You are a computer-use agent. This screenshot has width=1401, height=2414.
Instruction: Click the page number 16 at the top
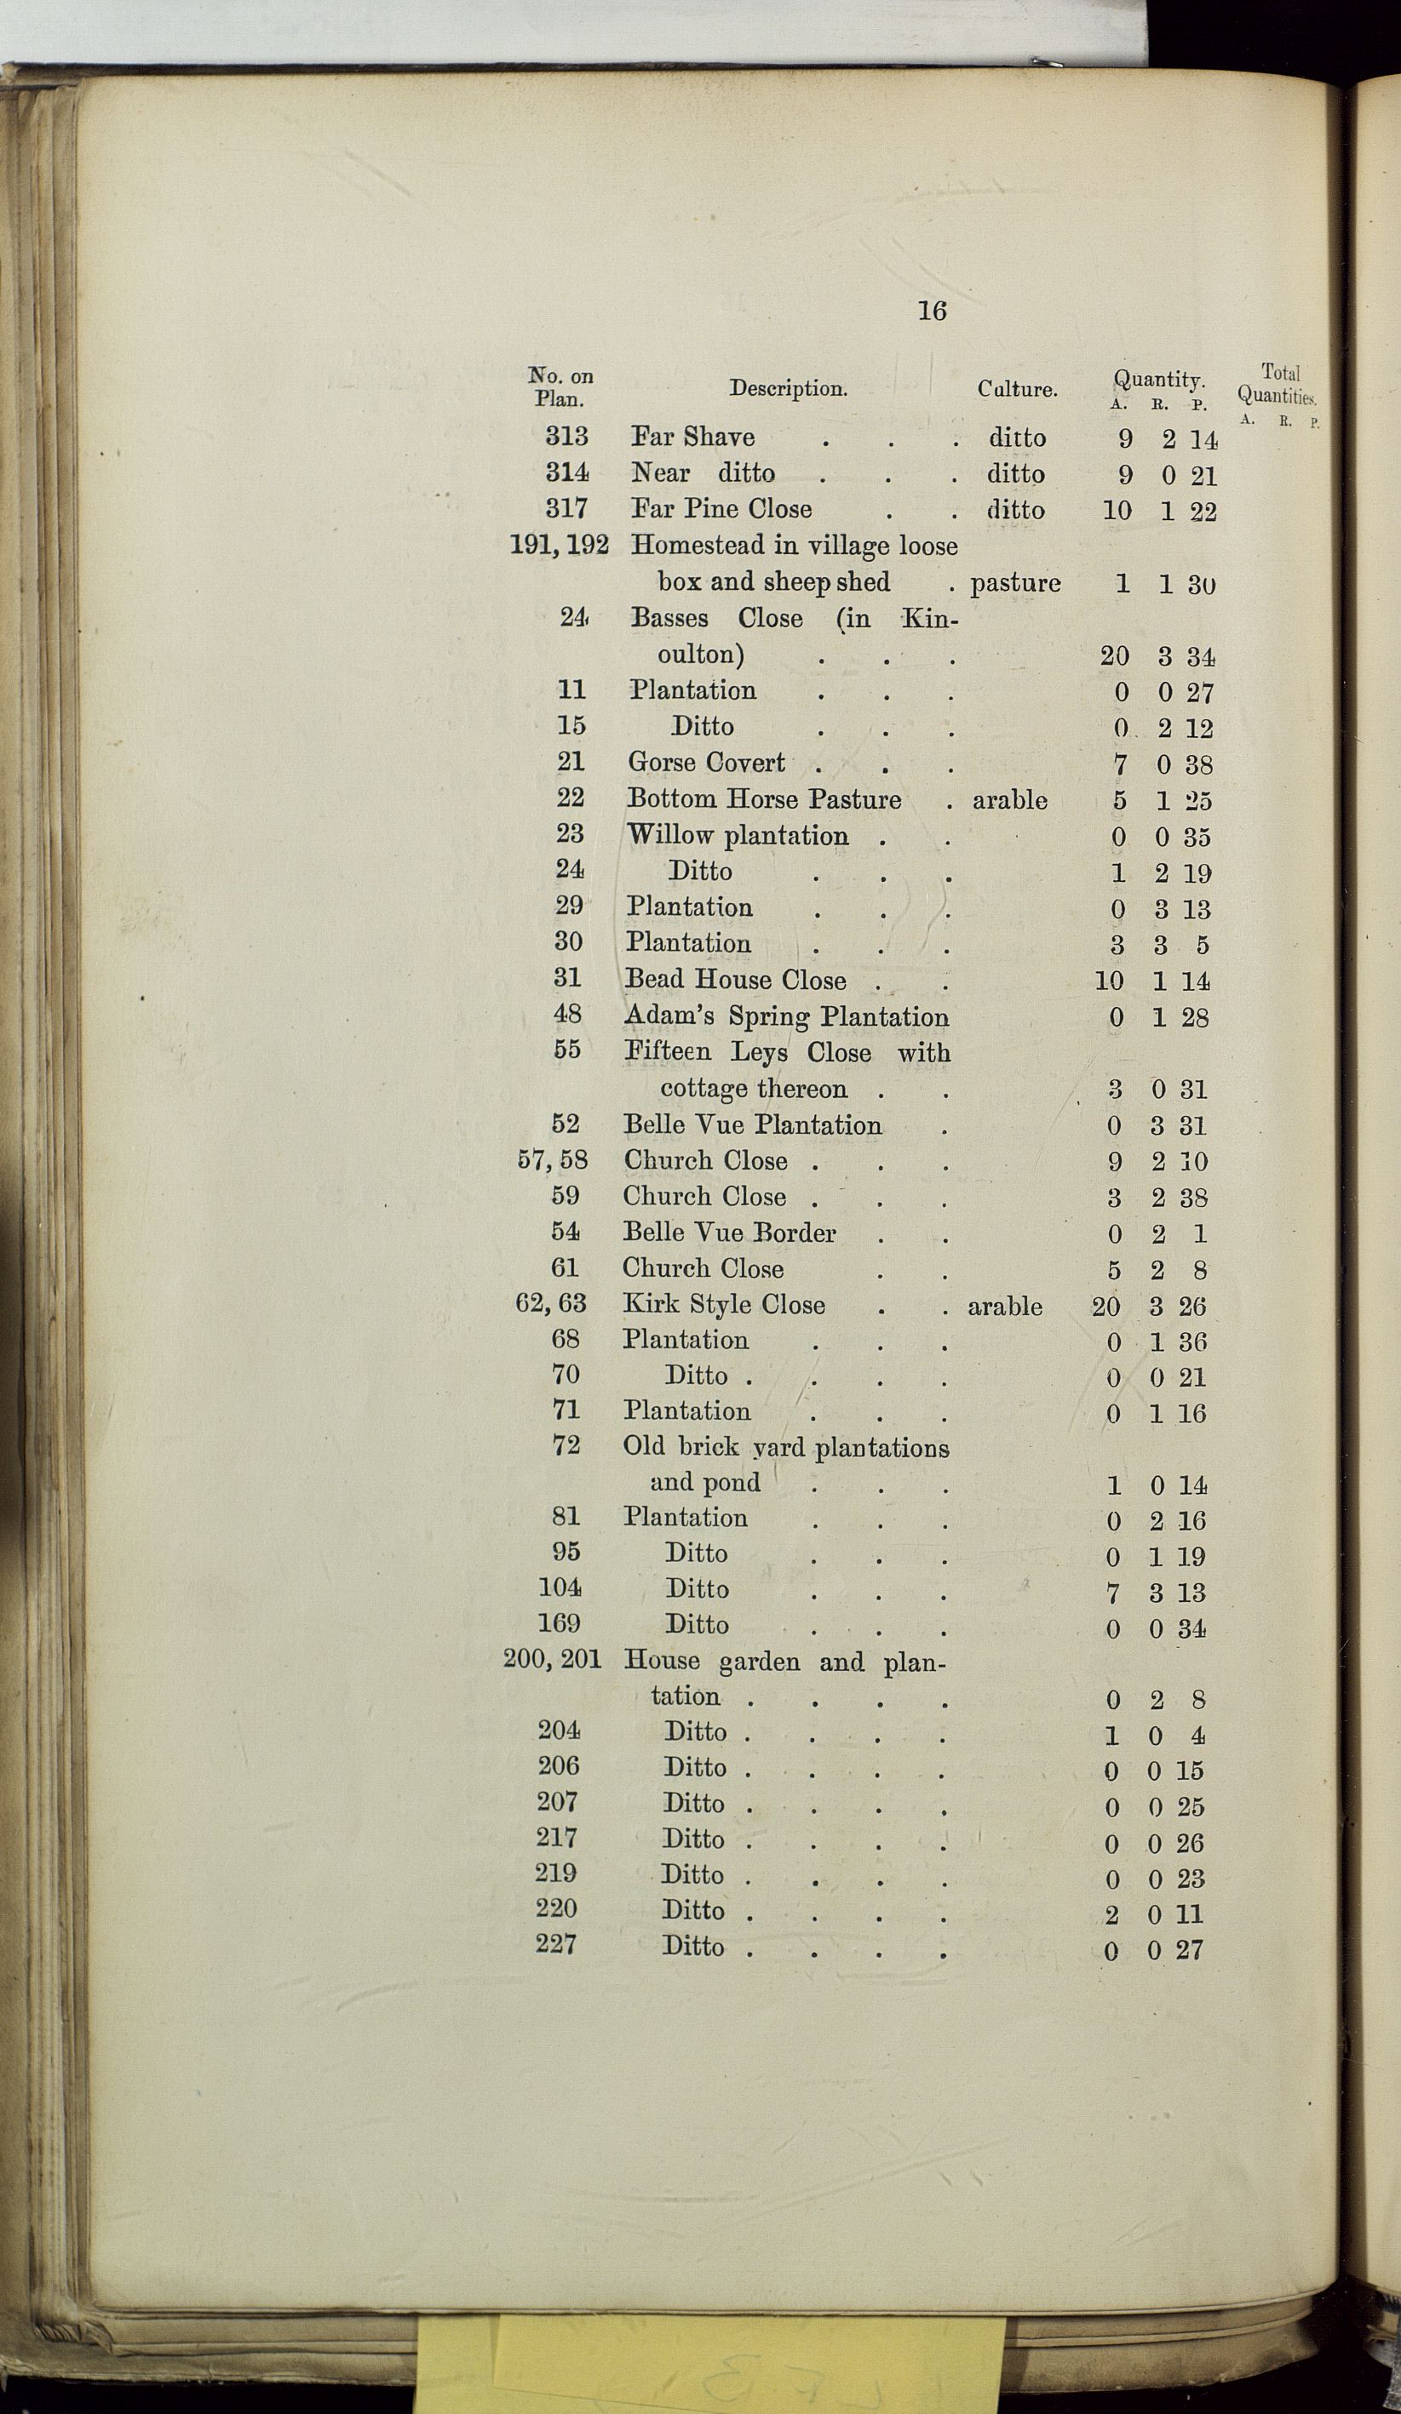click(x=932, y=311)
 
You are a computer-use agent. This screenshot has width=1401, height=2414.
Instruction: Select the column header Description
click(x=788, y=388)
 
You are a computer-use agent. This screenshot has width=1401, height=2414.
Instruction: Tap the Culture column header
click(x=1017, y=389)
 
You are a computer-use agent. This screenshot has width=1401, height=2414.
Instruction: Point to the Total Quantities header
click(x=1278, y=385)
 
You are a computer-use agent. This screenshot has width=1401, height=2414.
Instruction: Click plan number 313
click(x=566, y=437)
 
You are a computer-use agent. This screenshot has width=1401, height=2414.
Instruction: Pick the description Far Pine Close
click(x=721, y=509)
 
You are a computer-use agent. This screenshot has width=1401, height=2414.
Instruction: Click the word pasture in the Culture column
click(x=1015, y=582)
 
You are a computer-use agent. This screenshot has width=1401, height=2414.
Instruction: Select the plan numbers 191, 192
click(x=559, y=545)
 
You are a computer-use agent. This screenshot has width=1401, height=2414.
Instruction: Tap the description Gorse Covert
click(x=706, y=763)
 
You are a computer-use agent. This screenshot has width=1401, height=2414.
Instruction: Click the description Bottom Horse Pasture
click(x=764, y=799)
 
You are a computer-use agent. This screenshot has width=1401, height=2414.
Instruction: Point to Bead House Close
click(x=735, y=979)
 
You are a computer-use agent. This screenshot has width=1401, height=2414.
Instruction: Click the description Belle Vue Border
click(x=729, y=1232)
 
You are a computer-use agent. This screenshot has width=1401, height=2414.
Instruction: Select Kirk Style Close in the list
click(x=724, y=1304)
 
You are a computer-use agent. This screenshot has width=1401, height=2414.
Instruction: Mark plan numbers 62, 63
click(x=551, y=1303)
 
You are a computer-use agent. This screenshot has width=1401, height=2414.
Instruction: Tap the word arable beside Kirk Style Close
click(x=1004, y=1306)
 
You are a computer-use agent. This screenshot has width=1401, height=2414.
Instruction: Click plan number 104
click(x=560, y=1587)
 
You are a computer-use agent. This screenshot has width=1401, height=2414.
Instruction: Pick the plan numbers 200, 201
click(x=552, y=1659)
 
